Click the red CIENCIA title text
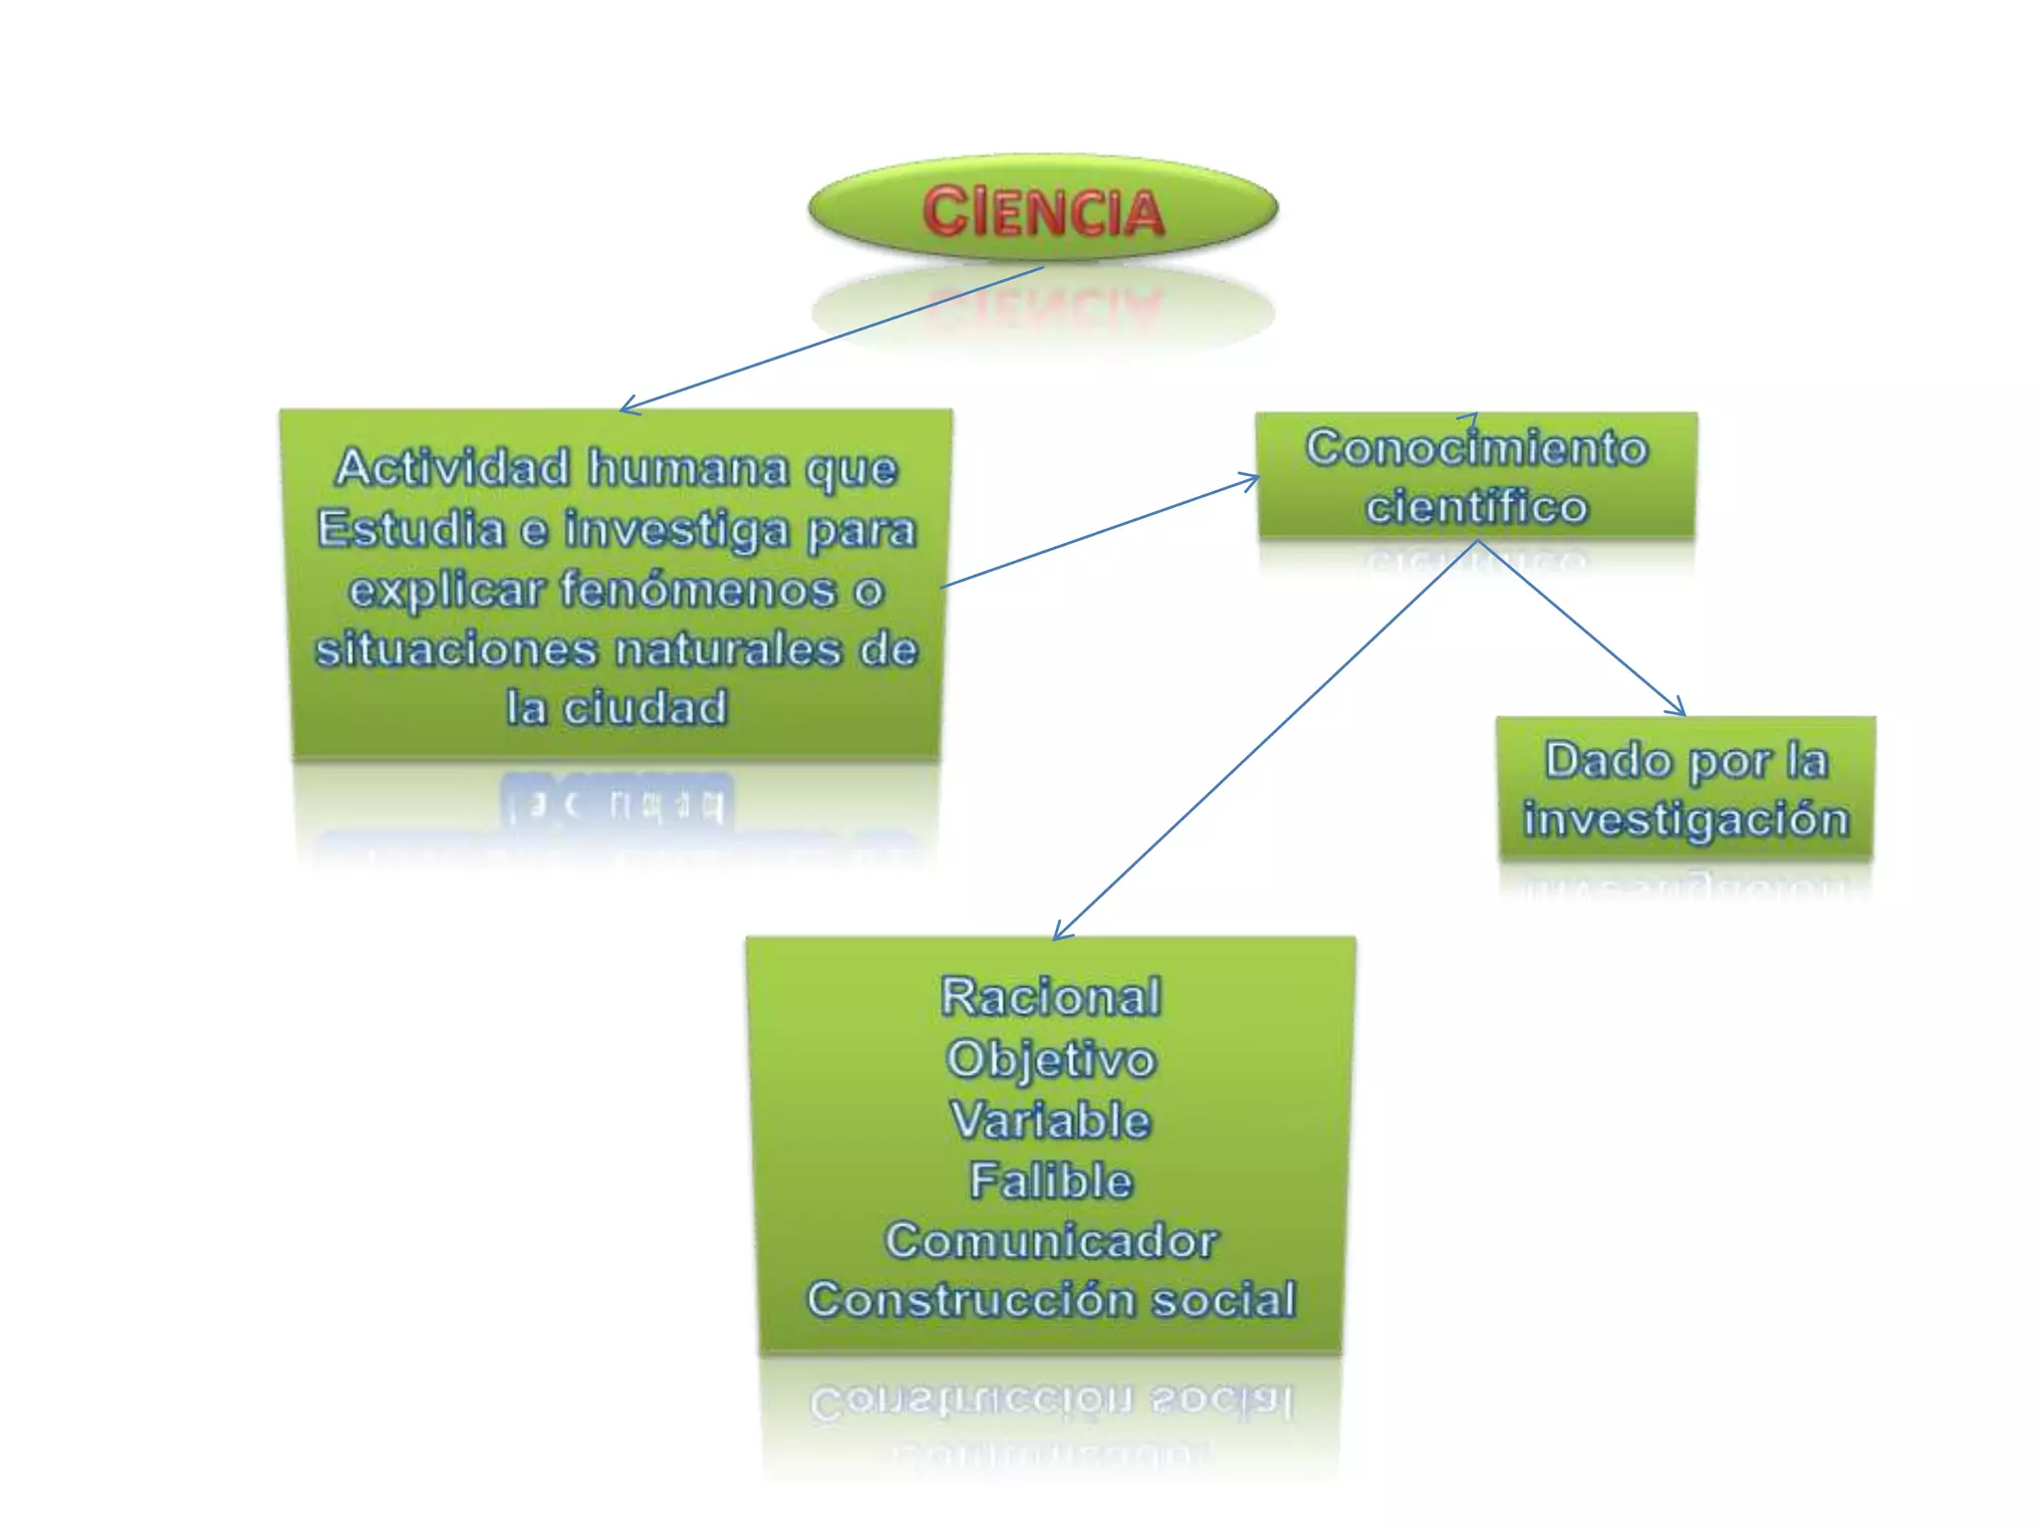[1043, 212]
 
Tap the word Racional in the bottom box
[1051, 997]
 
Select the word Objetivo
[1051, 1059]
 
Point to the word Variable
[1051, 1120]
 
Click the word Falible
[1051, 1180]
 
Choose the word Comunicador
[1051, 1241]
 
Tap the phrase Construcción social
[1051, 1300]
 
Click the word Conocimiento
[1476, 448]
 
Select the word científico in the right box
[1476, 507]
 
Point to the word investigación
[1685, 820]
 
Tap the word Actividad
[452, 468]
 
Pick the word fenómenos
[697, 590]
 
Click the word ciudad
[644, 708]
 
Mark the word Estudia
[411, 529]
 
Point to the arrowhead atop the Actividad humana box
[625, 407]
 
